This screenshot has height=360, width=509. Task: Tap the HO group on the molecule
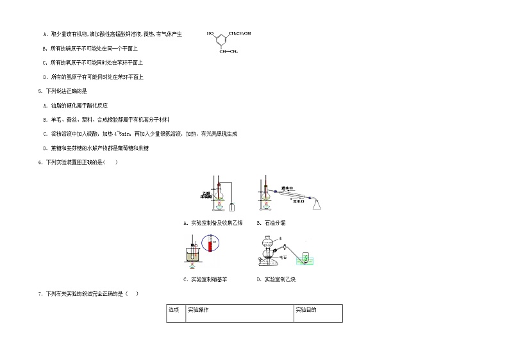click(x=210, y=33)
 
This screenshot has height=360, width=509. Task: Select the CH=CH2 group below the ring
click(x=229, y=51)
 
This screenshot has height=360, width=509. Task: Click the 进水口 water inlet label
click(x=287, y=189)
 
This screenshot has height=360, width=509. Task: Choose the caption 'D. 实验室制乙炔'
click(x=276, y=279)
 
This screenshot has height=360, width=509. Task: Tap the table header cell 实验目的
click(x=306, y=310)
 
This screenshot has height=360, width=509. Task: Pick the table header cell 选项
click(x=173, y=310)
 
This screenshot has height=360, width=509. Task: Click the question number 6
click(x=40, y=162)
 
